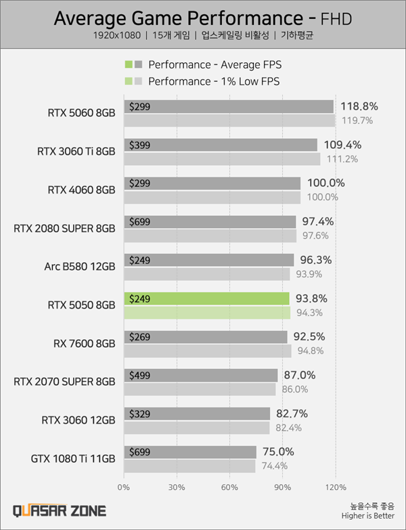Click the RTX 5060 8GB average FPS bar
(x=230, y=106)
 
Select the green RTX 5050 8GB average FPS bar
(x=207, y=299)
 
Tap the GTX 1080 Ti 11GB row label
(x=73, y=459)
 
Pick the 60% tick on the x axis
(x=229, y=487)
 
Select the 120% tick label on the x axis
(x=336, y=487)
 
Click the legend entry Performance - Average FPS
(x=214, y=65)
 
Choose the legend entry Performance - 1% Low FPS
(x=214, y=81)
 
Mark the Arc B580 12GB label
(x=81, y=267)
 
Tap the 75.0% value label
(x=277, y=452)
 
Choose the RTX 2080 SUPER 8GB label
(x=64, y=228)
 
